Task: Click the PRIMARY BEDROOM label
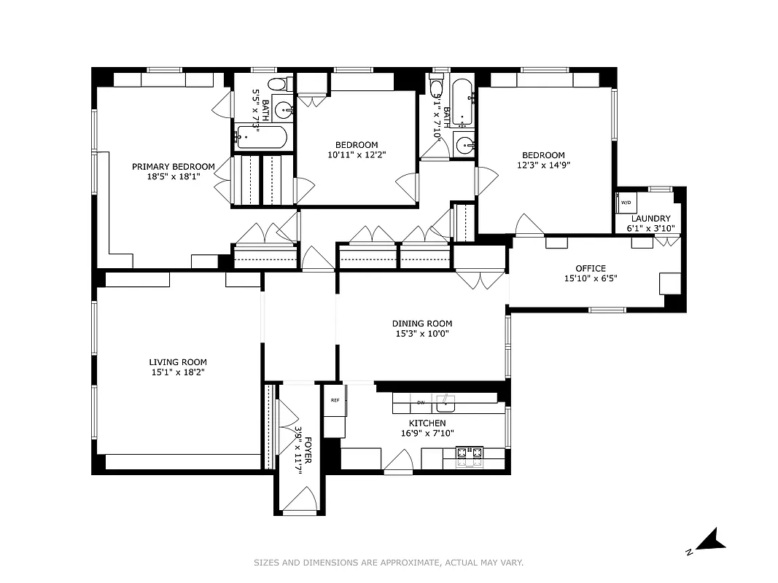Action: click(x=174, y=167)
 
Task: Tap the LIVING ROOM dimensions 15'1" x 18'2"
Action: click(x=178, y=372)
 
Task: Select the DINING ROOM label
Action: click(x=421, y=324)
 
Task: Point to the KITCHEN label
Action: click(x=427, y=423)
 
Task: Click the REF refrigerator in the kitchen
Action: click(x=335, y=401)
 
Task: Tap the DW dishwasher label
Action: click(x=421, y=402)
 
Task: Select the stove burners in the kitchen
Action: click(x=470, y=455)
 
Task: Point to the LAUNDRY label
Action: click(x=650, y=219)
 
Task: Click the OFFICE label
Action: click(x=590, y=268)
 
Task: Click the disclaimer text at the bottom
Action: click(x=389, y=563)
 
